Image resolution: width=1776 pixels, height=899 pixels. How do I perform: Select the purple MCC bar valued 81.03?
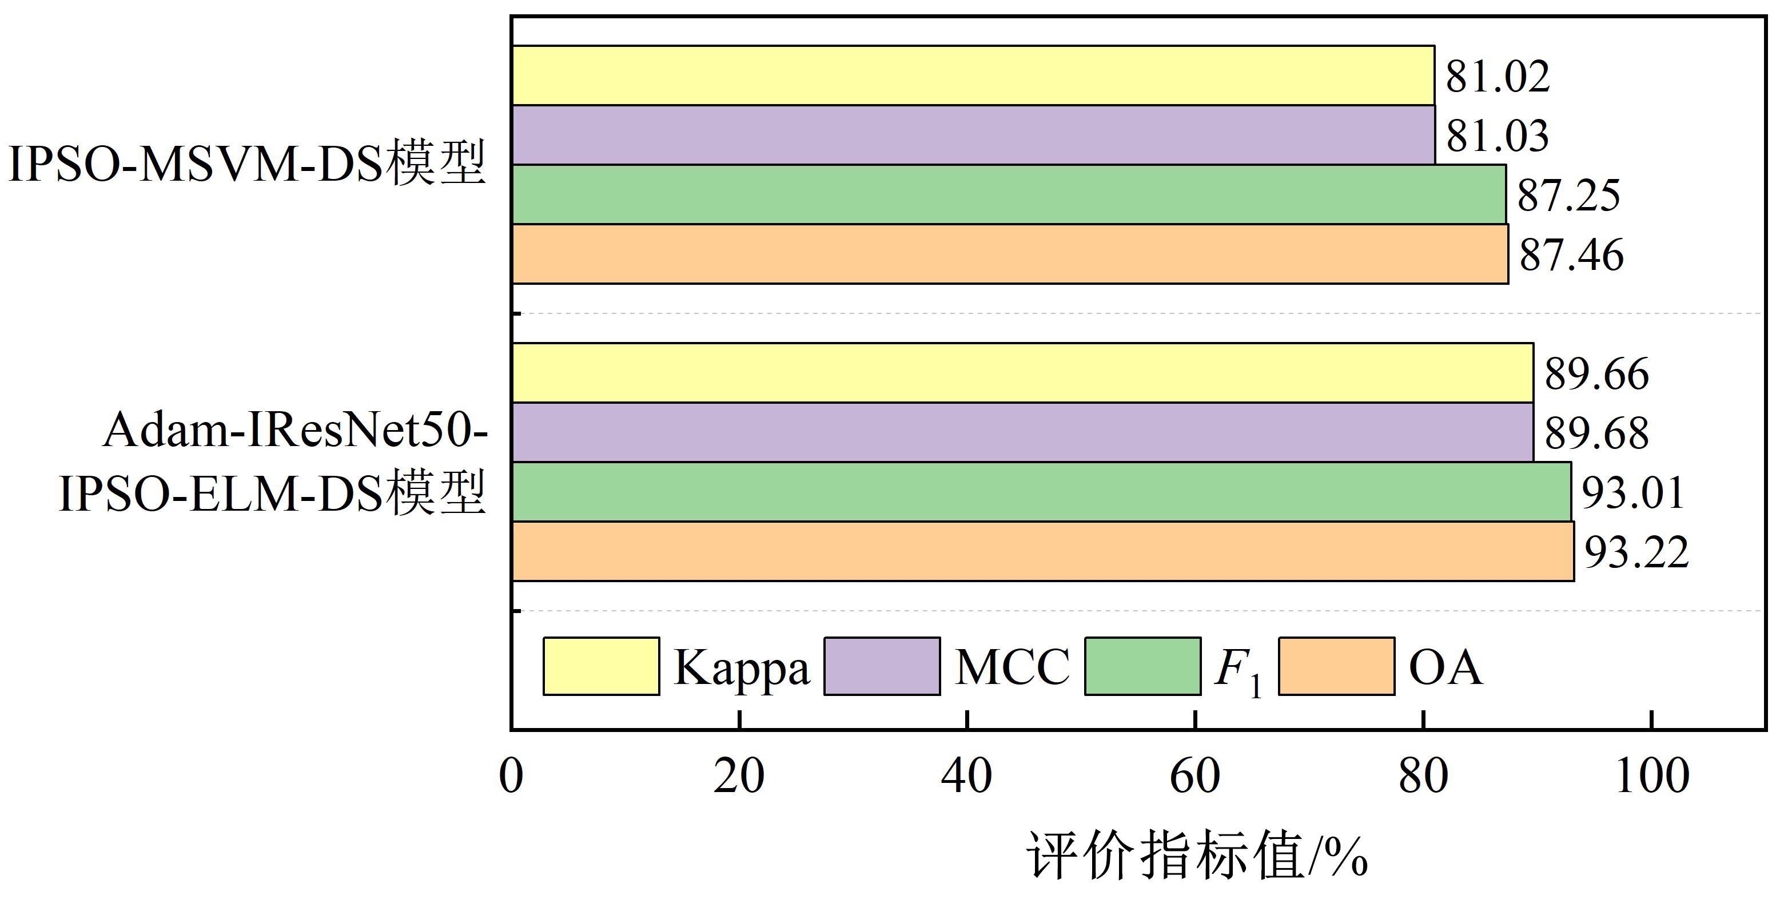[x=972, y=135]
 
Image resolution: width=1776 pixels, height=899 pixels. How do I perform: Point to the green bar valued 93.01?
[x=1041, y=492]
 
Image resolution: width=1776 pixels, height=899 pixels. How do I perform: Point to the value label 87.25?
[x=1568, y=195]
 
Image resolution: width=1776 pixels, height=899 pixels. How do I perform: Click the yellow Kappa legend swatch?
[x=600, y=666]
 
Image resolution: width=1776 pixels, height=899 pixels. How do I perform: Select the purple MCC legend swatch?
[x=882, y=666]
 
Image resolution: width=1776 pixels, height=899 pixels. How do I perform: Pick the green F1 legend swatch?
[x=1142, y=666]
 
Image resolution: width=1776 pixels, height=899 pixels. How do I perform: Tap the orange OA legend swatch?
[x=1336, y=666]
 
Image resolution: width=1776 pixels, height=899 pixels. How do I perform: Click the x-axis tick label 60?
[x=1195, y=775]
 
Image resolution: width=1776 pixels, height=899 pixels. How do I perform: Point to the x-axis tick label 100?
[x=1652, y=775]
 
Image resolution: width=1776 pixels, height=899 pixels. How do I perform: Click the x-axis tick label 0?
[x=511, y=775]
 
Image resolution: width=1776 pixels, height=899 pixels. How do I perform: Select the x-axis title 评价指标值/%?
[x=1196, y=856]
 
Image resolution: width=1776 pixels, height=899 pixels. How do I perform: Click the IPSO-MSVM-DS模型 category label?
[x=247, y=164]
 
